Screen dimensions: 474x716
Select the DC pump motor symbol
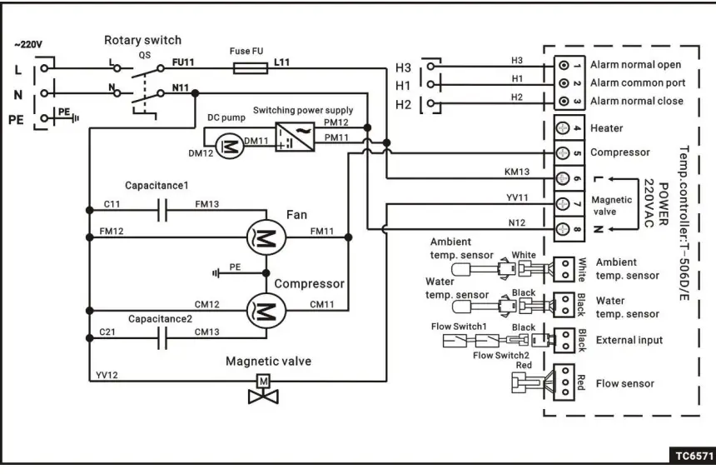click(x=226, y=146)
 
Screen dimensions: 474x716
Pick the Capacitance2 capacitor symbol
click(x=163, y=340)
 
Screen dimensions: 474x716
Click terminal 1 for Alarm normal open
click(x=564, y=64)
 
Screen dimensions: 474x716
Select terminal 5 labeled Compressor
click(x=564, y=153)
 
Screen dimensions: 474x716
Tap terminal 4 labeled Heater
click(x=564, y=128)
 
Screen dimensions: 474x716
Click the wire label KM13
click(x=516, y=172)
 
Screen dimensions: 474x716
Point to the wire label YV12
click(x=107, y=375)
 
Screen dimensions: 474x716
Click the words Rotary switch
click(x=142, y=40)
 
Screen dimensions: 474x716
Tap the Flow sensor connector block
click(x=564, y=383)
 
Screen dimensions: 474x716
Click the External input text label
click(x=629, y=340)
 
